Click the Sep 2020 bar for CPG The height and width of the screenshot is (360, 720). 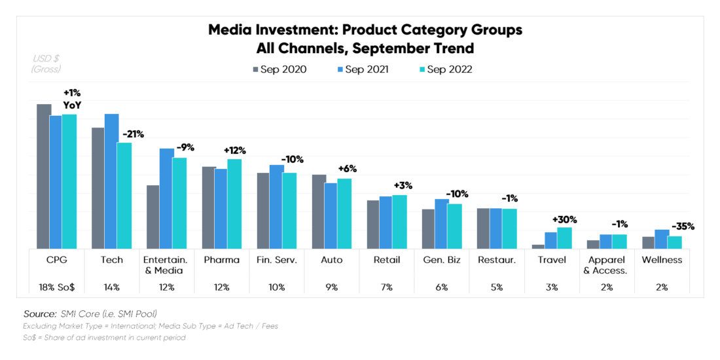44,176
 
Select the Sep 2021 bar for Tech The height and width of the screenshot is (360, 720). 112,181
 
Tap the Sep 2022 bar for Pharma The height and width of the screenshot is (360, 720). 234,204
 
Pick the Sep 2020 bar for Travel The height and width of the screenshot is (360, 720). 538,246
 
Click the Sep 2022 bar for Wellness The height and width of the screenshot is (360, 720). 674,242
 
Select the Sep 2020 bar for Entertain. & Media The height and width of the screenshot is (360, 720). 153,217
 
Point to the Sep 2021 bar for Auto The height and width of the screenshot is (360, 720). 331,215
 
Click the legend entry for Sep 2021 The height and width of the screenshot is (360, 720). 363,69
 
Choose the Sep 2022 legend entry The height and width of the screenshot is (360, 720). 444,69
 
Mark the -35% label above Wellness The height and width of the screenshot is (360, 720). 683,226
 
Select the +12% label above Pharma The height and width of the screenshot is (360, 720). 234,151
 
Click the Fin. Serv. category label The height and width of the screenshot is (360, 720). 277,260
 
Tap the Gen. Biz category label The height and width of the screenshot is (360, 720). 442,260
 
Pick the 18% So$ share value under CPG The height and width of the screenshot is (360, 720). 57,287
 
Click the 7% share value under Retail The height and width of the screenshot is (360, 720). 387,287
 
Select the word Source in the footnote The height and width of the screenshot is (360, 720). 39,314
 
